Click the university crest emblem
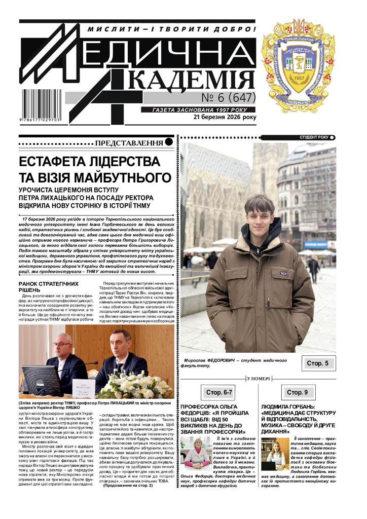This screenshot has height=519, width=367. [298, 66]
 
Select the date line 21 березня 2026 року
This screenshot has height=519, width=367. [225, 118]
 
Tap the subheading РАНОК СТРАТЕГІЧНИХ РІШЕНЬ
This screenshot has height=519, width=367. [48, 286]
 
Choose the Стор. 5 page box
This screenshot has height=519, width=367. [318, 363]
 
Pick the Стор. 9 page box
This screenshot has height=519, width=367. [297, 392]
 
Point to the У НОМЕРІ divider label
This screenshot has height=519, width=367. [258, 378]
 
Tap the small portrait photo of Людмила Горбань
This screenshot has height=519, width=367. [275, 452]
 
